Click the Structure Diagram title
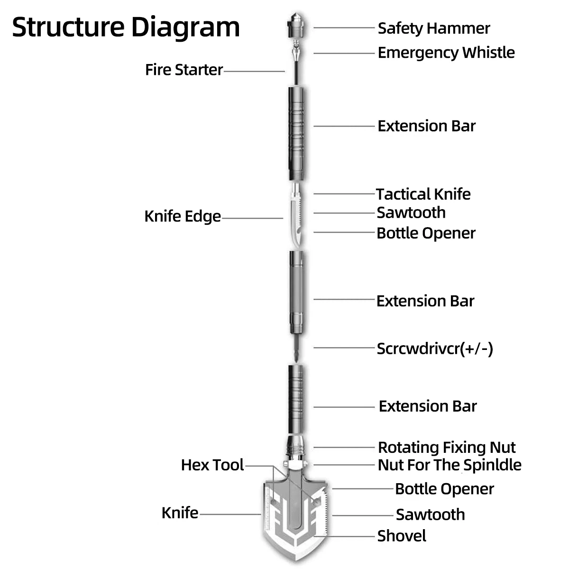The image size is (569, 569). point(126,27)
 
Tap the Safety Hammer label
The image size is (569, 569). point(433,28)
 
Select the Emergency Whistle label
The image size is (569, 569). point(446,52)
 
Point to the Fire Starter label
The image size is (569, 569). point(184,70)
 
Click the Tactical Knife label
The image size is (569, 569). point(423,194)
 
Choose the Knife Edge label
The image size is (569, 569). point(183,216)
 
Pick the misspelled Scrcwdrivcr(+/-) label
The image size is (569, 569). point(434,349)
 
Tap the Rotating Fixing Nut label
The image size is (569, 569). point(446,447)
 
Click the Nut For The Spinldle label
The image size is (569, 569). point(449,465)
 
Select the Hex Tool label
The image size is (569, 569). point(212,465)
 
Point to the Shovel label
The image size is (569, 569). point(401,536)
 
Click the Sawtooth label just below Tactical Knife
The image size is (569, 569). point(411,212)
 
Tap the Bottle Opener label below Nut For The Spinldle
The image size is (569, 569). point(444,489)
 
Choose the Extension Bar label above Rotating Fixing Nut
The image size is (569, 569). point(427,406)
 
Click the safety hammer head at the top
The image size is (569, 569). point(295,28)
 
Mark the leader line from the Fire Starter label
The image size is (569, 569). point(254,71)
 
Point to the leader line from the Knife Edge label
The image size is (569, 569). point(252,218)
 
